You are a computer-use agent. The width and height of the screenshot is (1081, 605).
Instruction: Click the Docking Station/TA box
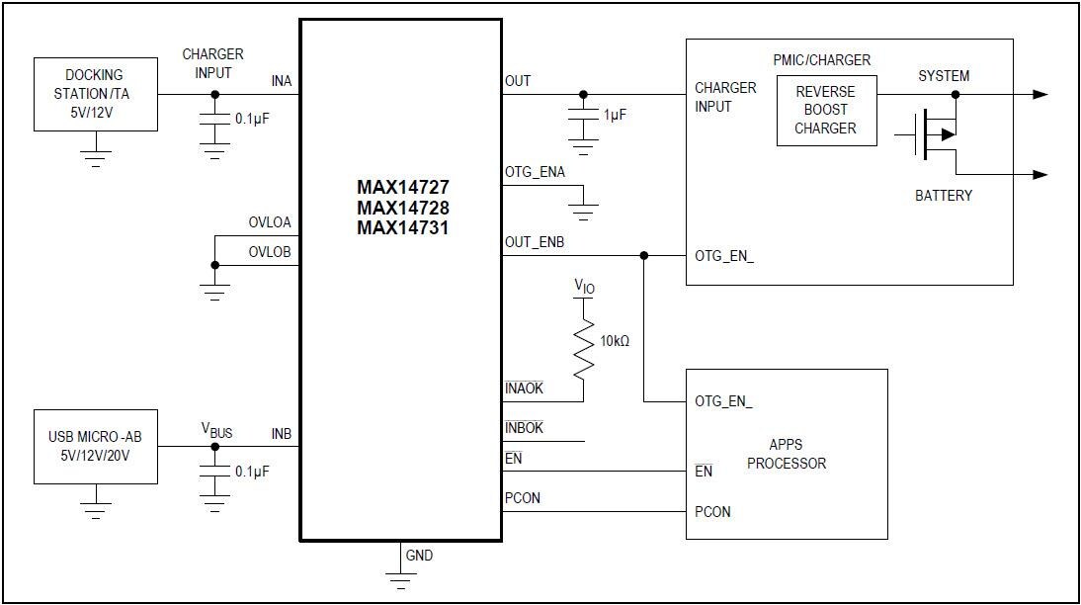click(x=95, y=94)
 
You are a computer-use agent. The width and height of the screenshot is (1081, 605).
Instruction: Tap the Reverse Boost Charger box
click(x=825, y=110)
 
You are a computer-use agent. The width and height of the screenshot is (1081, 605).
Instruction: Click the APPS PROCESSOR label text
click(x=786, y=455)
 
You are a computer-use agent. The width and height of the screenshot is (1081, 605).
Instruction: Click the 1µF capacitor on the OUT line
click(x=583, y=116)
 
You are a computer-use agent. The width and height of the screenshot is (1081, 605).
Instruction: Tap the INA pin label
click(x=282, y=81)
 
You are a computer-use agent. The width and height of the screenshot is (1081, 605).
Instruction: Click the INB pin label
click(x=282, y=433)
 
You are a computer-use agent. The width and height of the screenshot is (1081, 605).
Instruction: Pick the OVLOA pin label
click(x=270, y=222)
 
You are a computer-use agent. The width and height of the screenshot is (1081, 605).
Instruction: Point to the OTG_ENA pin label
click(x=535, y=172)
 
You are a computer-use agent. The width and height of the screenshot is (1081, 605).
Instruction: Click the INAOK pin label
click(x=524, y=389)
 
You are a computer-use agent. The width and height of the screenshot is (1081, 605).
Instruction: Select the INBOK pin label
click(x=524, y=428)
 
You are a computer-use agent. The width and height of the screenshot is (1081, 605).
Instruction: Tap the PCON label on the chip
click(x=523, y=498)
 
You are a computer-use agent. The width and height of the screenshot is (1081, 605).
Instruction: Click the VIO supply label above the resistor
click(x=585, y=287)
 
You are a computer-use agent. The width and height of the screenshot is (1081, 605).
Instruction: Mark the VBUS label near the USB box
click(x=217, y=430)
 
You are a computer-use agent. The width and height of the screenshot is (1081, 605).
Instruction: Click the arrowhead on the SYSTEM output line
click(x=1039, y=95)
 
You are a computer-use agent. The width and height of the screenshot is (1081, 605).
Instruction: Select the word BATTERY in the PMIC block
click(x=943, y=196)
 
